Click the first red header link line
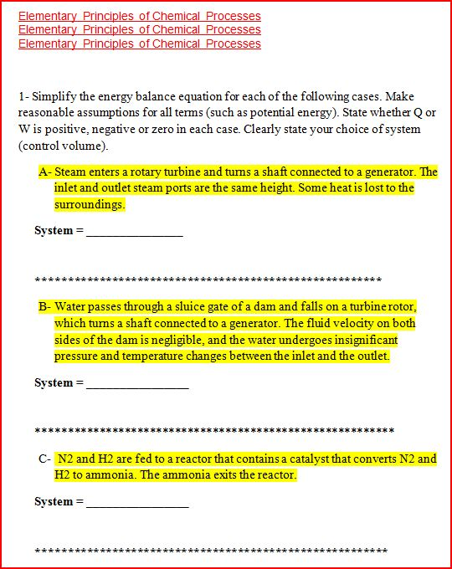pyautogui.click(x=139, y=17)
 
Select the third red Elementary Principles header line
pyautogui.click(x=139, y=44)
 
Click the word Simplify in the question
pyautogui.click(x=55, y=97)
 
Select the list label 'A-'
pyautogui.click(x=45, y=172)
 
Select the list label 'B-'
pyautogui.click(x=45, y=307)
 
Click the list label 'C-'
pyautogui.click(x=45, y=459)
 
